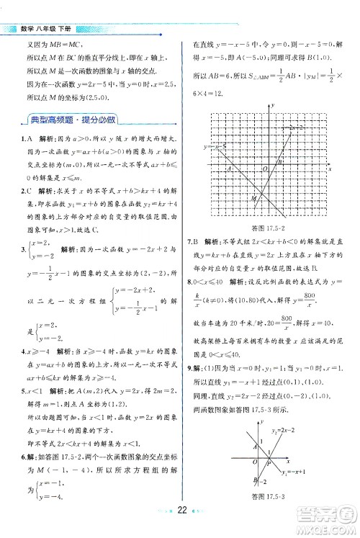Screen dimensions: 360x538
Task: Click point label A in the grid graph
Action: (x=229, y=169)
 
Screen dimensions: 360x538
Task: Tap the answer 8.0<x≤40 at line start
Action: (x=206, y=280)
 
